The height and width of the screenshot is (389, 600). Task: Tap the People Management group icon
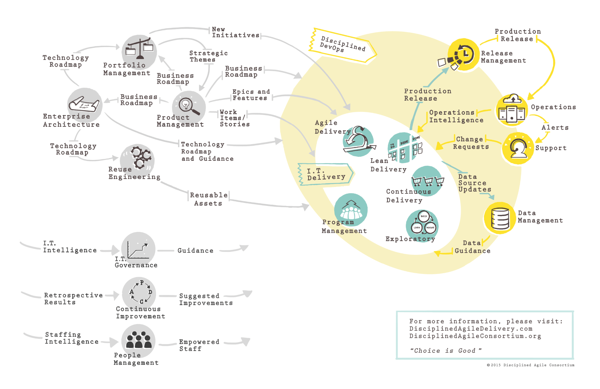point(138,340)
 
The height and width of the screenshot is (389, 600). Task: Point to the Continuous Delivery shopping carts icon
point(428,181)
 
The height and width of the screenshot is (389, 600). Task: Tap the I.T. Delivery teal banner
point(326,174)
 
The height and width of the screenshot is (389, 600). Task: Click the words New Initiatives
point(235,32)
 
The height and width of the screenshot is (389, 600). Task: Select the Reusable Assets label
point(208,199)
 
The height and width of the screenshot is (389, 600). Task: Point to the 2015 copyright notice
point(531,365)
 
